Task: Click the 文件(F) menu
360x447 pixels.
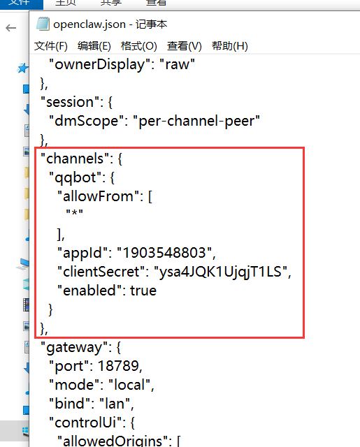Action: pos(51,46)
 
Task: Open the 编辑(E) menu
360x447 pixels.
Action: pos(94,46)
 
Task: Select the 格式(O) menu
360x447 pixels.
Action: pos(139,46)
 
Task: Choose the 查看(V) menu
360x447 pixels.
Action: pos(185,46)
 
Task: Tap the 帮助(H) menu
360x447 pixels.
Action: pos(230,46)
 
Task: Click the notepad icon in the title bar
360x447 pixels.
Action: pos(43,24)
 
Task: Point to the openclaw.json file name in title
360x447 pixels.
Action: pos(89,24)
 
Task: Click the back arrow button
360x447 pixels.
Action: pos(11,28)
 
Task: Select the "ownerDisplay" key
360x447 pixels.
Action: pos(99,64)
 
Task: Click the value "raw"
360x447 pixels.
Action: pos(177,64)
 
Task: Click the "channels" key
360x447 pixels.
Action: pos(75,159)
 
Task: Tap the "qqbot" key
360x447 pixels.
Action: pos(75,177)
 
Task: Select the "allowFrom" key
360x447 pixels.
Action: pos(99,196)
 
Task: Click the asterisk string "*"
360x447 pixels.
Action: pos(74,212)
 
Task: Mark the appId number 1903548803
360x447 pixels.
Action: pos(164,253)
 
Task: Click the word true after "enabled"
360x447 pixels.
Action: pos(143,291)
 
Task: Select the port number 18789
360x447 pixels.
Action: pos(118,366)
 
